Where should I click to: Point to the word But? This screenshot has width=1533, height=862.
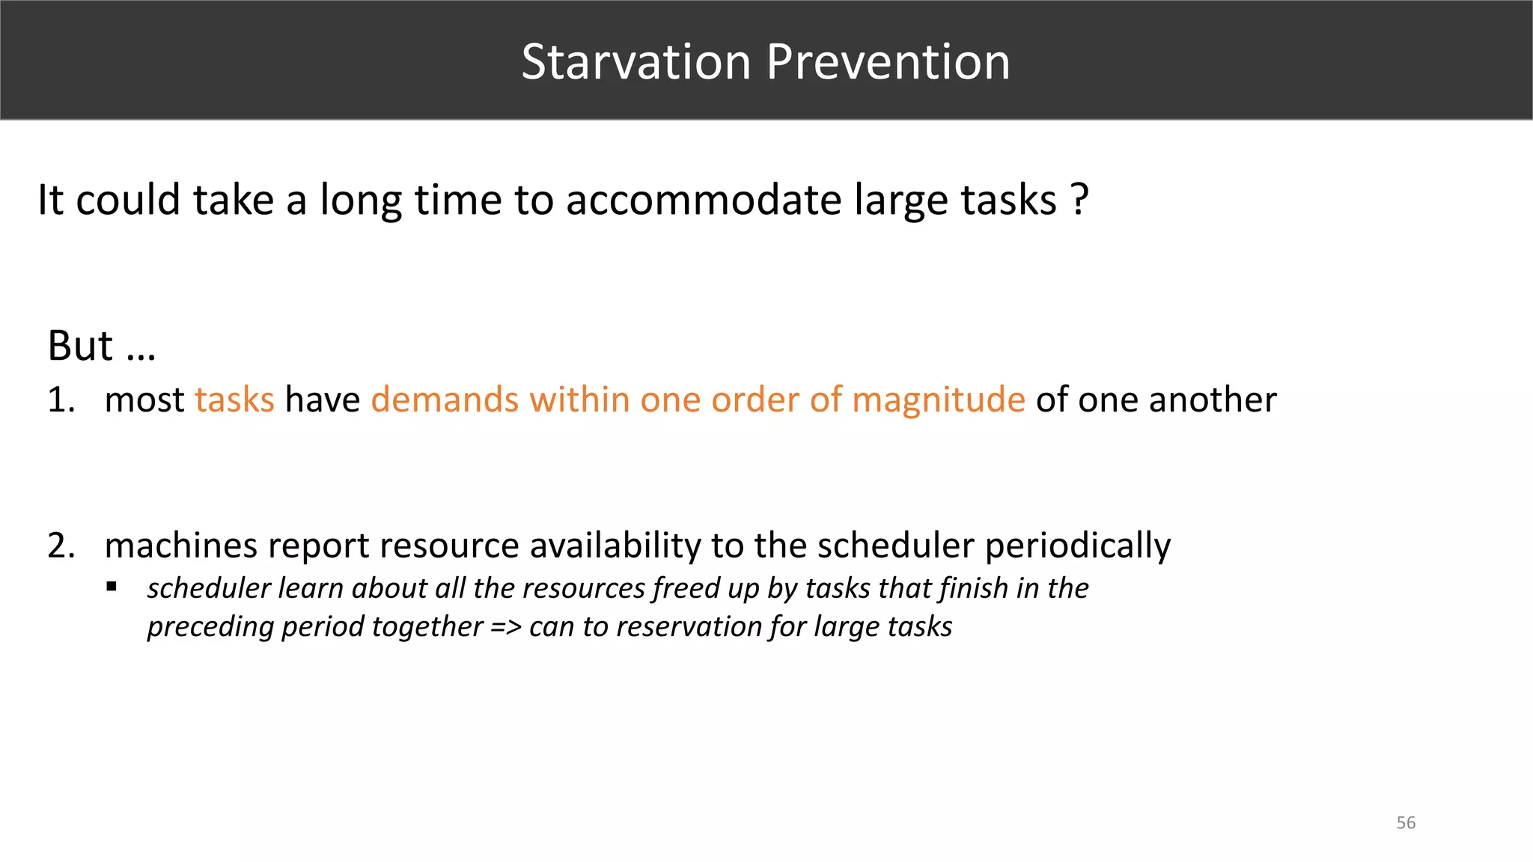pyautogui.click(x=80, y=346)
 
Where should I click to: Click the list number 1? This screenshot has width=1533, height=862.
pyautogui.click(x=60, y=400)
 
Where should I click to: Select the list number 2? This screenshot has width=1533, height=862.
pyautogui.click(x=60, y=545)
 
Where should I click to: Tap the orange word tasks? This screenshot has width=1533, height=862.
pyautogui.click(x=234, y=400)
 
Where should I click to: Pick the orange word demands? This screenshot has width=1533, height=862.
pyautogui.click(x=444, y=400)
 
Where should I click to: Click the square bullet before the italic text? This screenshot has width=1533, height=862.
pyautogui.click(x=112, y=587)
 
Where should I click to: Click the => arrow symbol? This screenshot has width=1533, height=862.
pyautogui.click(x=506, y=627)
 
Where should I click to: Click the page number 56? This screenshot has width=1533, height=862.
pyautogui.click(x=1405, y=823)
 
